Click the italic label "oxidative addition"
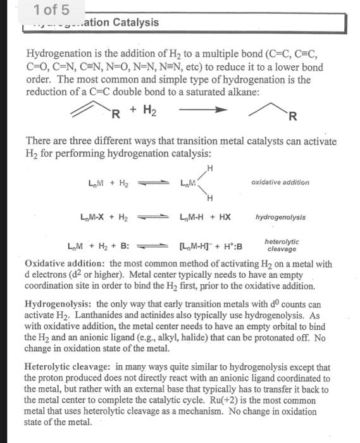(280, 182)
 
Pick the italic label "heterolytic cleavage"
(282, 246)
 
